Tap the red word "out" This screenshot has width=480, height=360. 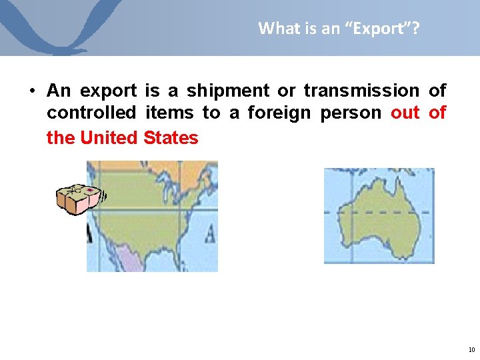tap(405, 113)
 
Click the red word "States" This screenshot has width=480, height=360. tap(171, 138)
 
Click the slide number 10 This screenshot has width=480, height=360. tap(471, 349)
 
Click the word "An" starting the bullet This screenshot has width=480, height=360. tap(59, 90)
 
